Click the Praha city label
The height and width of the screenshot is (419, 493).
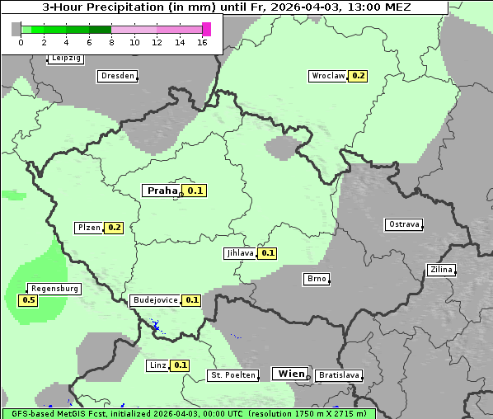click(162, 191)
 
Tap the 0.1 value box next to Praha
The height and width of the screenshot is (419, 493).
click(195, 191)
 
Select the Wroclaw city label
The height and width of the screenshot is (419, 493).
click(327, 76)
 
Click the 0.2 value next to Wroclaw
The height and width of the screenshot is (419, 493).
click(358, 76)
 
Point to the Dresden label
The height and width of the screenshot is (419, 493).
click(117, 76)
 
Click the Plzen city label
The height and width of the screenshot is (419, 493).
click(88, 228)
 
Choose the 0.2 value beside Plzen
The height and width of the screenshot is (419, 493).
click(114, 228)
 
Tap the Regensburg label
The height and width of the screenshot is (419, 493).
click(54, 289)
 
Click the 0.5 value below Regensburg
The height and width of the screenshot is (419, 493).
click(28, 300)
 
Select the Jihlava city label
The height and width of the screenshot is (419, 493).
click(240, 253)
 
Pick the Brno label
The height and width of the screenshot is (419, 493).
click(317, 279)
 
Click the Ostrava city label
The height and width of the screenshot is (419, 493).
click(404, 224)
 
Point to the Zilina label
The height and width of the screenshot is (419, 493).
click(441, 270)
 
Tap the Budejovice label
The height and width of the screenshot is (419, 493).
click(155, 300)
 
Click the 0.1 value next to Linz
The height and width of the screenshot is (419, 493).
click(181, 365)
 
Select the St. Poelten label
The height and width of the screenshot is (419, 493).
click(233, 375)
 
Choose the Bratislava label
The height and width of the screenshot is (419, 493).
click(338, 375)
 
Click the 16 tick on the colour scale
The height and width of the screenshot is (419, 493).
click(202, 42)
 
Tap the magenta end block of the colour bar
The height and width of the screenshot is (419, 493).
click(207, 29)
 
